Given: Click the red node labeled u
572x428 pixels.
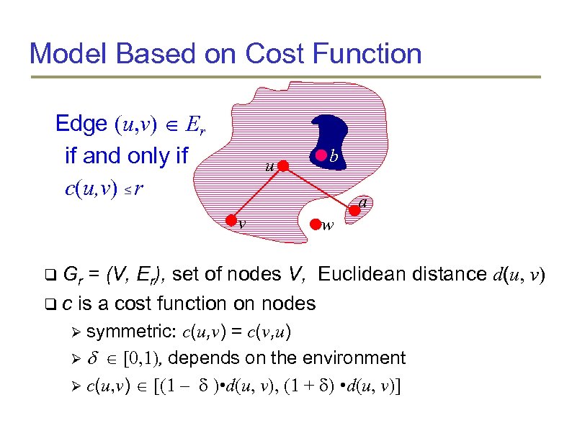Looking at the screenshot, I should pyautogui.click(x=284, y=167).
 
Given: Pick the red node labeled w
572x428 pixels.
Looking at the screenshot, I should pyautogui.click(x=315, y=224).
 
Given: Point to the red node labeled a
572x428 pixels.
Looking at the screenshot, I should pyautogui.click(x=354, y=210).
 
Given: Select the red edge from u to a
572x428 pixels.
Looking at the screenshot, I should pyautogui.click(x=319, y=188).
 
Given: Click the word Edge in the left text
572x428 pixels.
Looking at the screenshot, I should pyautogui.click(x=81, y=124).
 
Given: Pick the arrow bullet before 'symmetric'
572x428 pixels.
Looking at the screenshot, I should pyautogui.click(x=74, y=332).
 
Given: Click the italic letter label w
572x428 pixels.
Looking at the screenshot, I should pyautogui.click(x=328, y=226).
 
